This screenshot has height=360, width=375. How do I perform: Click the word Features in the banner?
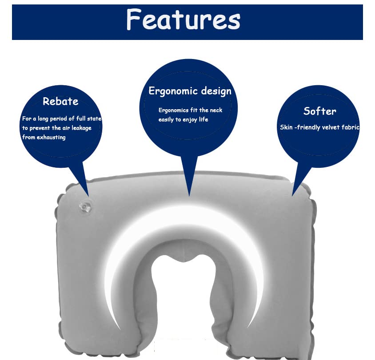[183, 20]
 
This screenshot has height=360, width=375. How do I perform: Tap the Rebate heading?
[60, 101]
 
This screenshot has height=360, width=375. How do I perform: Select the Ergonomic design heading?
[190, 91]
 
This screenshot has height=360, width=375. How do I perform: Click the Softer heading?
[320, 111]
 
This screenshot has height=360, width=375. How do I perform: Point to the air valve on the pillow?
[85, 207]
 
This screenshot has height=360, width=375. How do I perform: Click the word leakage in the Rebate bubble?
[82, 128]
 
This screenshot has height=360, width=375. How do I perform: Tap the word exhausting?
[51, 137]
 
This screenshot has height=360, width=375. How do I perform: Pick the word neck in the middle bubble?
[216, 110]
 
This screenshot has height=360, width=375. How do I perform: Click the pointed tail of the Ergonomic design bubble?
[189, 194]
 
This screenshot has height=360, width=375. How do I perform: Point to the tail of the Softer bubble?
[293, 194]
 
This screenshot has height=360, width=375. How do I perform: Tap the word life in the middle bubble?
[203, 119]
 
